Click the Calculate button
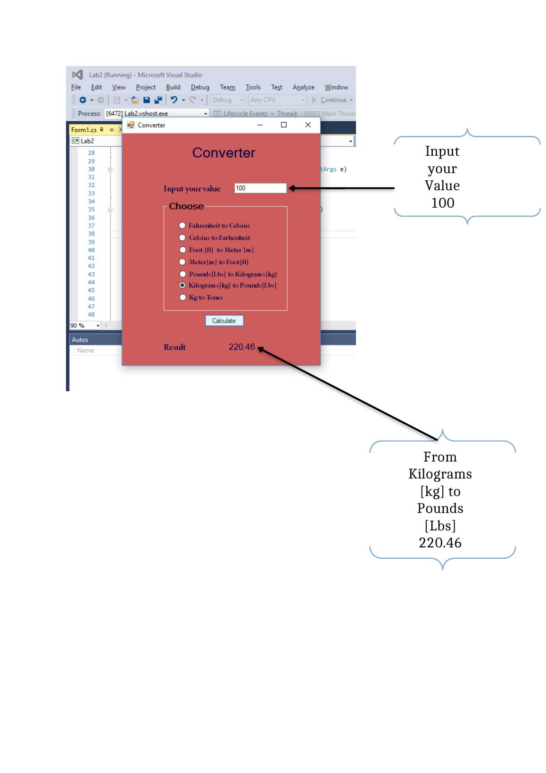coord(224,321)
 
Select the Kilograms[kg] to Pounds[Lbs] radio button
coord(182,286)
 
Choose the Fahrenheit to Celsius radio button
coord(182,226)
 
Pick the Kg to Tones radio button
coord(182,297)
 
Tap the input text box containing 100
coord(260,188)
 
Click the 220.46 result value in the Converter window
coord(241,347)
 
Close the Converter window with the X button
coord(308,125)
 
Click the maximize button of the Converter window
coord(284,125)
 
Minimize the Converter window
coord(260,125)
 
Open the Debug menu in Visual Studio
coord(200,87)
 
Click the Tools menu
coord(253,87)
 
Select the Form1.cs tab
coord(83,130)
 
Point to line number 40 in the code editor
coord(91,250)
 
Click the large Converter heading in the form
coord(223,153)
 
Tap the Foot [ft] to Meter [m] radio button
coord(182,250)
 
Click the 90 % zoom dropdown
coord(85,326)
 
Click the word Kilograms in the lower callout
coord(440,474)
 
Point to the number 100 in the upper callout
coord(443,203)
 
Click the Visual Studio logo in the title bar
coord(77,75)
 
